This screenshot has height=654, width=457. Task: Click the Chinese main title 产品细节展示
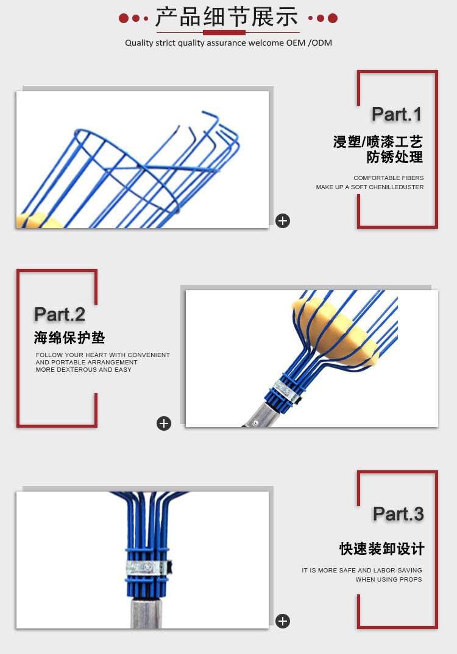tap(227, 17)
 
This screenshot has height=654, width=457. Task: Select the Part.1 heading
tap(397, 114)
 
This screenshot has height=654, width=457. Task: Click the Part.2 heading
tap(60, 315)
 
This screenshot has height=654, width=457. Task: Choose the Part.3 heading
tap(398, 514)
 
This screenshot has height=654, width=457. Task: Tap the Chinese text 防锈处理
tap(394, 157)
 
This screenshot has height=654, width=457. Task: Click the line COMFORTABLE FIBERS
tap(388, 178)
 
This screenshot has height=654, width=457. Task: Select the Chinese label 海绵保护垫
tap(69, 338)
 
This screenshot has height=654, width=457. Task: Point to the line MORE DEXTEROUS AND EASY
tap(83, 370)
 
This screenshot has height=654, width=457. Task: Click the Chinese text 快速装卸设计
tap(381, 549)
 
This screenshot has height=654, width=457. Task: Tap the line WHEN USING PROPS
tap(389, 580)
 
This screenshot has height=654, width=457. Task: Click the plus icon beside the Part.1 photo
tap(283, 221)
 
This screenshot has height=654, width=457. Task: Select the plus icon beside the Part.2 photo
tap(164, 423)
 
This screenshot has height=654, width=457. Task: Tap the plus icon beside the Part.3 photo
tap(283, 621)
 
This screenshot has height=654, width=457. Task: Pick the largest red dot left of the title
tap(124, 18)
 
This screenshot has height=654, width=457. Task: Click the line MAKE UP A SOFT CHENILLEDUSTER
tap(370, 187)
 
